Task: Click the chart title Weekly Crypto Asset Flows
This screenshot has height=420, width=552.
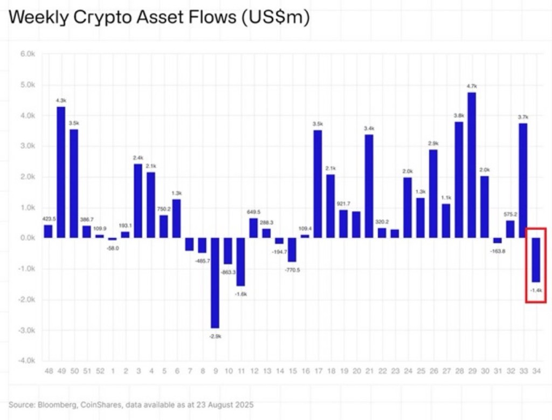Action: point(159,18)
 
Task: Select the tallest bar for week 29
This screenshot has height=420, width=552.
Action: point(472,164)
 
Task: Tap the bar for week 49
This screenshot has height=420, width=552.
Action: point(61,172)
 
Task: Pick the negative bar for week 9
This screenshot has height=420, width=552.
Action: point(215,283)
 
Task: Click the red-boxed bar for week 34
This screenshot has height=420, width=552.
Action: point(536,259)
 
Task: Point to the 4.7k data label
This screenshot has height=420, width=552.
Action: point(472,86)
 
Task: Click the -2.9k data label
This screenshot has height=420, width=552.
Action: point(215,336)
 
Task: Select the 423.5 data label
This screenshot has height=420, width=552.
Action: point(48,218)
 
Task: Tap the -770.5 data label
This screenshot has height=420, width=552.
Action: point(292,270)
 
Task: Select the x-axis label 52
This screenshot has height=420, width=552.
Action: point(100,371)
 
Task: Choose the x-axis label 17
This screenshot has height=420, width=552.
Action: point(318,371)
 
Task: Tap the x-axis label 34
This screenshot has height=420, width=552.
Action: point(536,371)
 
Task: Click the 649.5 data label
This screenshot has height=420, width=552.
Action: point(253,212)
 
